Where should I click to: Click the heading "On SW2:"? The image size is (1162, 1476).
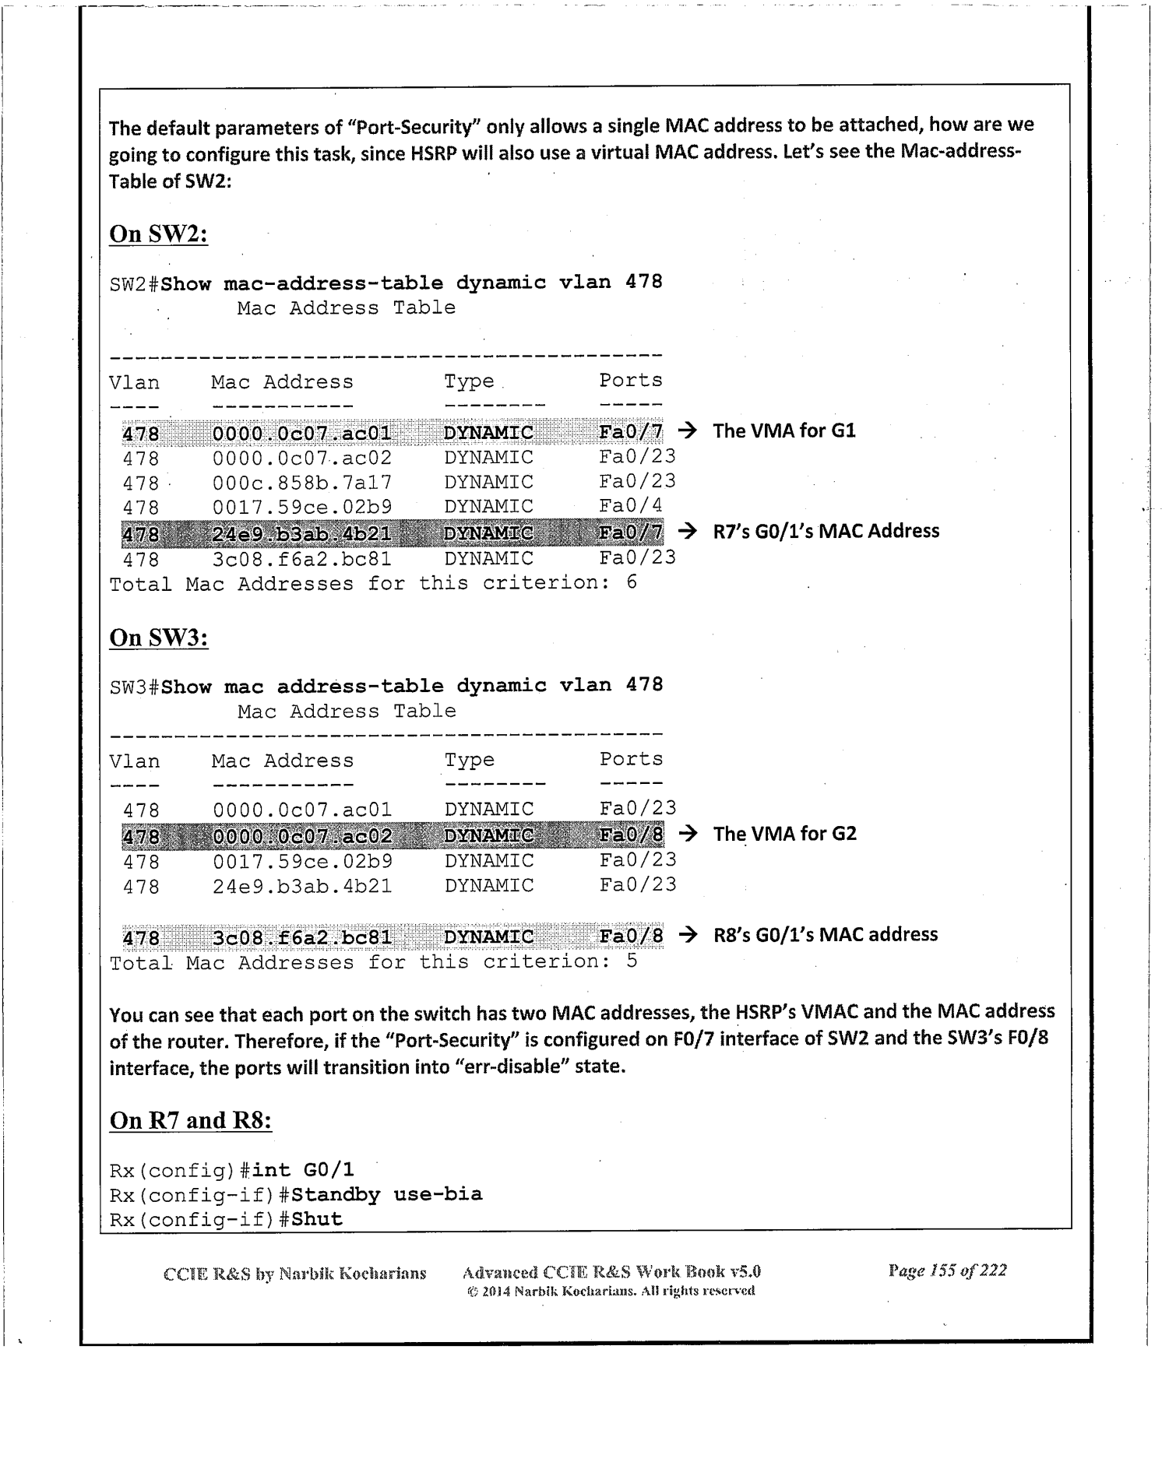tap(158, 234)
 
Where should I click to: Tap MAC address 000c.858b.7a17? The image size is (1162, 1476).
tap(302, 483)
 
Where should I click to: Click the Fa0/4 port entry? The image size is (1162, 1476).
tap(631, 506)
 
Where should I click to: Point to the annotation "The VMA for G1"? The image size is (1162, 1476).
tap(783, 430)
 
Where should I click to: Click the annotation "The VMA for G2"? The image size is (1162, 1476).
tap(784, 834)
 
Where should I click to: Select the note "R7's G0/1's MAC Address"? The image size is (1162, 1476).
tap(826, 531)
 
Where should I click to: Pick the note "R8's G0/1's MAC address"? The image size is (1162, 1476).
tap(825, 934)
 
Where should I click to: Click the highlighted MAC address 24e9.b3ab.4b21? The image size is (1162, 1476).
tap(302, 533)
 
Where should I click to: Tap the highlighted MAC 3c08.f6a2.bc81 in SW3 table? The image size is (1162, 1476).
tap(302, 937)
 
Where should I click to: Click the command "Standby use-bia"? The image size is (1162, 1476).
tap(386, 1194)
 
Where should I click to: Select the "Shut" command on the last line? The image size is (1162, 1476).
tap(317, 1219)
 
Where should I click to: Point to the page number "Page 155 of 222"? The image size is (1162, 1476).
tap(946, 1271)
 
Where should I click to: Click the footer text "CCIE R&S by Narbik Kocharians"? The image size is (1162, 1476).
tap(294, 1274)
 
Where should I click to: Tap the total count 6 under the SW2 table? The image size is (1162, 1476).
tap(632, 582)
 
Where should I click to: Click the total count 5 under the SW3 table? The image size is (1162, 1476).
tap(632, 961)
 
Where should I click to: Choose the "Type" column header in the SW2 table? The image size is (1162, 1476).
tap(469, 381)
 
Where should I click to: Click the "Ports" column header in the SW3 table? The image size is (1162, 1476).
tap(631, 759)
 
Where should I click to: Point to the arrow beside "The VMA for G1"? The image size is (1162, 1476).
tap(687, 430)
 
